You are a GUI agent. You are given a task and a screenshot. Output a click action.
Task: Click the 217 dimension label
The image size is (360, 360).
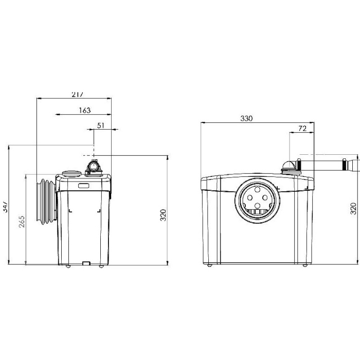point(77,95)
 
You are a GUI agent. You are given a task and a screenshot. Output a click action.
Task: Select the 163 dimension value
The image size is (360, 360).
point(85,111)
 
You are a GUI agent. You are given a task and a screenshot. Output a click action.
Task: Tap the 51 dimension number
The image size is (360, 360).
point(101,125)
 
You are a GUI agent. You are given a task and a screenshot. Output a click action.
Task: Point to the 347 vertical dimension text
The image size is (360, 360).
point(6,207)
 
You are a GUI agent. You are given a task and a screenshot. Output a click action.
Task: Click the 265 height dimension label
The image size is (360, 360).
point(22,222)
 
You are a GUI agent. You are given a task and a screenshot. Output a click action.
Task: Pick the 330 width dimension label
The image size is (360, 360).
point(246,118)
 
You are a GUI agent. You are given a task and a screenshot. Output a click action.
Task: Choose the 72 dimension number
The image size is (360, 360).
point(302,129)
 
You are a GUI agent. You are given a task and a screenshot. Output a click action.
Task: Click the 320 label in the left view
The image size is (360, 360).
point(163,215)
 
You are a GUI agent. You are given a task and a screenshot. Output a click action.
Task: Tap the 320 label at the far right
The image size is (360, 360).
point(354,209)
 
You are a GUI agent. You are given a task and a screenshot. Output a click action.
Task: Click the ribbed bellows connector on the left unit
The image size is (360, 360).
point(46,202)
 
